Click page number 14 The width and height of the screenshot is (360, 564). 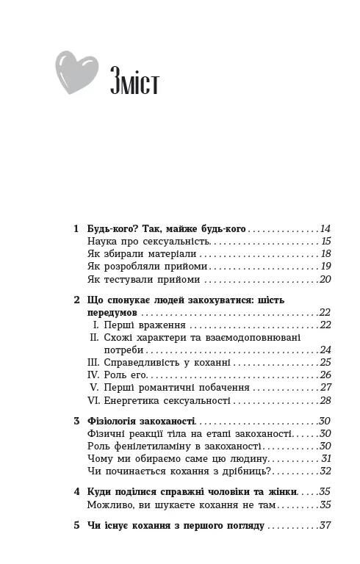(x=325, y=229)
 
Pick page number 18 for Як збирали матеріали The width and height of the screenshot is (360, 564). (x=325, y=253)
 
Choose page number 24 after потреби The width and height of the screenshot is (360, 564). (x=325, y=350)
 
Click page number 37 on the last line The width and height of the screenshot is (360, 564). (x=325, y=526)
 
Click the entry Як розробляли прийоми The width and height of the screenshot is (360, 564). (x=147, y=267)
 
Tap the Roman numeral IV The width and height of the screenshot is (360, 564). (x=93, y=375)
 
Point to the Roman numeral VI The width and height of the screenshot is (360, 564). (x=93, y=400)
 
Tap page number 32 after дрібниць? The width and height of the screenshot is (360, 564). (x=325, y=471)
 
